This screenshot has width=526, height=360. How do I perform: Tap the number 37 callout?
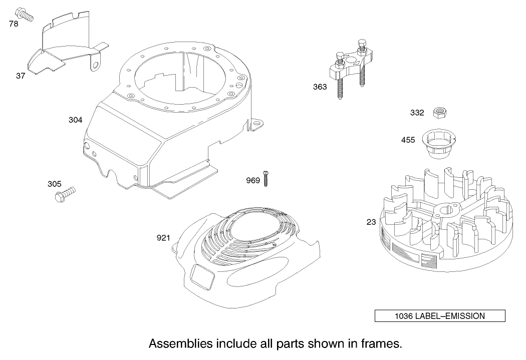21,76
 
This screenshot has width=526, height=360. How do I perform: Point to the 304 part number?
75,120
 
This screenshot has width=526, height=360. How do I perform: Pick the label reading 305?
55,184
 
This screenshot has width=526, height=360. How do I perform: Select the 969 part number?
253,181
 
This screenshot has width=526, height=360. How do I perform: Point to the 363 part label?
320,87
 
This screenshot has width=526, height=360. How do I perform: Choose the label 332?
417,113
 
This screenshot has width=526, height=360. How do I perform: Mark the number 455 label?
408,140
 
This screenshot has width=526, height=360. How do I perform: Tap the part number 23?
371,222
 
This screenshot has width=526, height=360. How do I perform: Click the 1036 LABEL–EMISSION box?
440,316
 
